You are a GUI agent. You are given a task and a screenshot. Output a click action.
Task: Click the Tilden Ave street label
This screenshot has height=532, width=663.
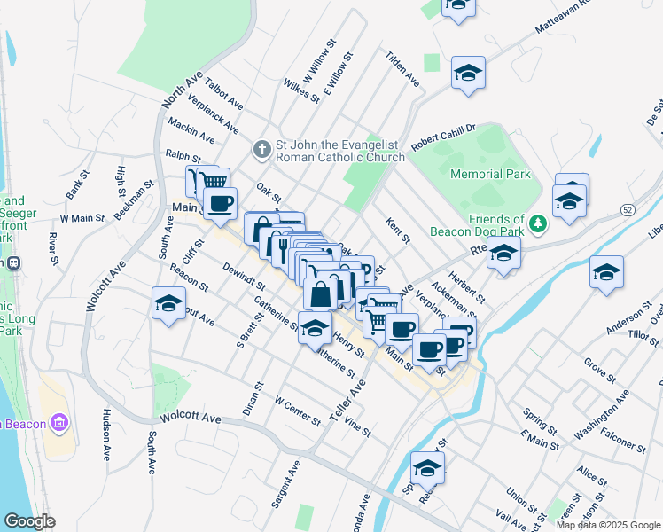tap(402, 67)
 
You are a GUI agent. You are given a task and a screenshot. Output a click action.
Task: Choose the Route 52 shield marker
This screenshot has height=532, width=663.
tap(628, 209)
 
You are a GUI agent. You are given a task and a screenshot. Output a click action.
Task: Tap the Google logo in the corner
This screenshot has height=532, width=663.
tap(30, 521)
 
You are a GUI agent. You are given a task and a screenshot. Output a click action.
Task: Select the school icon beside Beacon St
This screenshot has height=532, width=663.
tap(168, 305)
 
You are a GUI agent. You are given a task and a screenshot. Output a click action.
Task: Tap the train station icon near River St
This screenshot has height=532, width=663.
tap(13, 262)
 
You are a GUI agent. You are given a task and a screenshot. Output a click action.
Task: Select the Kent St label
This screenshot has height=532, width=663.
tap(398, 231)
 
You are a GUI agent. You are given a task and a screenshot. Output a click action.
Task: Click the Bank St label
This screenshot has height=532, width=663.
tap(74, 184)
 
